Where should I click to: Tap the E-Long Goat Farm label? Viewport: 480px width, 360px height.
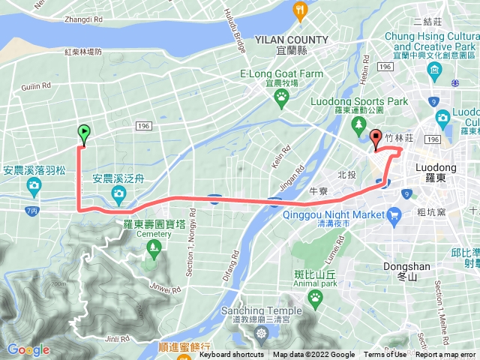[281, 74]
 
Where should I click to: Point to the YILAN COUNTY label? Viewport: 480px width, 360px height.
[291, 40]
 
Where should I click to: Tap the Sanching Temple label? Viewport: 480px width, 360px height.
[261, 310]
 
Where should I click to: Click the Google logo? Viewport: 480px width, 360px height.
[28, 349]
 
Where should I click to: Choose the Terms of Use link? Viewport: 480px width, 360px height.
[385, 355]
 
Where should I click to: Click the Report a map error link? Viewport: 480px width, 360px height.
[446, 355]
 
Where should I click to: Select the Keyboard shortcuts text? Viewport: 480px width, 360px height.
[231, 355]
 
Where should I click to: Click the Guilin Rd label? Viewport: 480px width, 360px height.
[35, 86]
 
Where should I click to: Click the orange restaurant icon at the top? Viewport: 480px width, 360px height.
[301, 10]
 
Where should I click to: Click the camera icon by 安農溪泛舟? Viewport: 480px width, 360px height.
[118, 195]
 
